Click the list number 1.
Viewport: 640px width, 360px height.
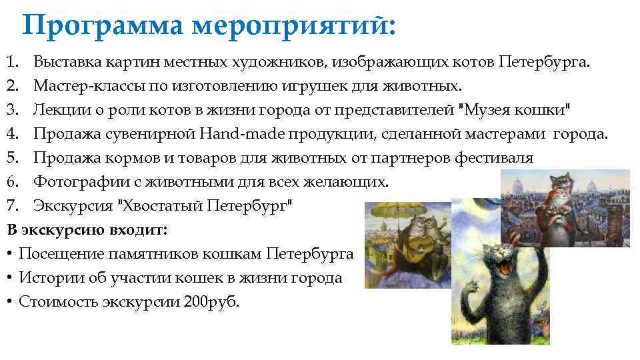[11, 63]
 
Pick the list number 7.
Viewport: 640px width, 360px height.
[11, 205]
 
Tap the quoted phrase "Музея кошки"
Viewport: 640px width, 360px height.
[516, 110]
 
